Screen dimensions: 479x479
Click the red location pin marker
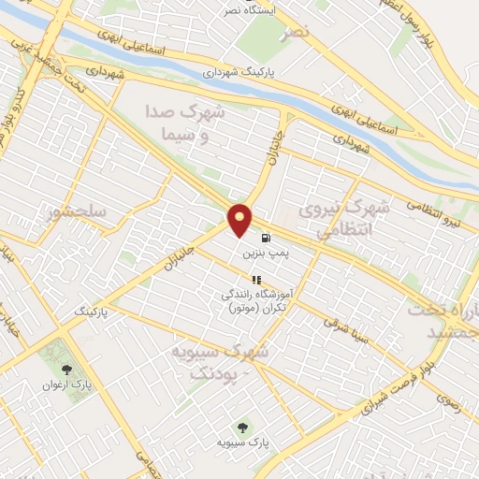[241, 221]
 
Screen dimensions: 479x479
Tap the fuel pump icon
[267, 238]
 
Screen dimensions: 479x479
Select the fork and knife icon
[255, 279]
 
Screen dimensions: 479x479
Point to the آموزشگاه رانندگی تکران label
[254, 300]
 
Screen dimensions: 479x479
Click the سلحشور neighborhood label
[79, 213]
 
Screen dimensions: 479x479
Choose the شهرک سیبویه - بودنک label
[220, 361]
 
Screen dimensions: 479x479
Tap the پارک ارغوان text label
[67, 385]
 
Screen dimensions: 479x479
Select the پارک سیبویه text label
[243, 440]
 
